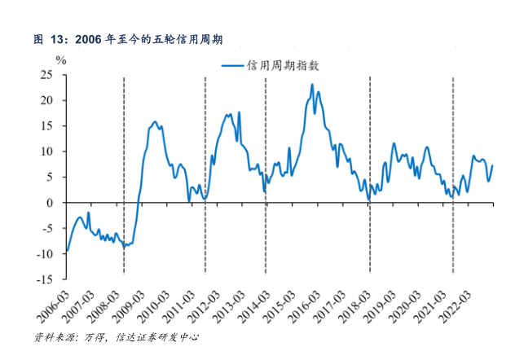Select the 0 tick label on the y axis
[x=51, y=203]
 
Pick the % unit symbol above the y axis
[x=60, y=59]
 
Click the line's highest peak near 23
[x=312, y=85]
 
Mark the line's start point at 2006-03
[x=66, y=251]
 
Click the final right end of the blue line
[x=492, y=165]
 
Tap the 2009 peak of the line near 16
[x=155, y=121]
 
